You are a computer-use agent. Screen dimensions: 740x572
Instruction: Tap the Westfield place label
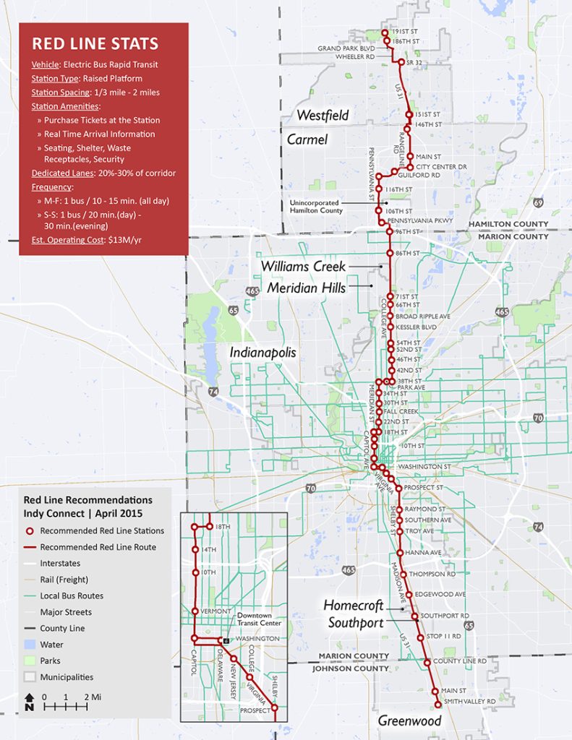point(323,115)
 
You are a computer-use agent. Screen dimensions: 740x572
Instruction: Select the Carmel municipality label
point(307,139)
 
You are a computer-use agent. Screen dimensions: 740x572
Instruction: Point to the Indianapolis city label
point(264,352)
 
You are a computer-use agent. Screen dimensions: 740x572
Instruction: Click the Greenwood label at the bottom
point(409,721)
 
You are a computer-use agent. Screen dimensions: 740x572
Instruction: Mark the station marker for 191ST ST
point(386,33)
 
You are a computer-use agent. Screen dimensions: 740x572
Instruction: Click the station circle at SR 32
point(401,63)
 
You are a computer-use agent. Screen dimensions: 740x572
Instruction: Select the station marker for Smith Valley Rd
point(437,705)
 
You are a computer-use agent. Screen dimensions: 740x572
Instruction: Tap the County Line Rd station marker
point(427,662)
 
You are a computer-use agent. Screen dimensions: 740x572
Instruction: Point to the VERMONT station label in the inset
point(215,611)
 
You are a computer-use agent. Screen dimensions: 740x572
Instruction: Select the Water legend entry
point(51,645)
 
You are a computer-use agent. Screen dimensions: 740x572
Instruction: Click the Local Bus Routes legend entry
point(72,596)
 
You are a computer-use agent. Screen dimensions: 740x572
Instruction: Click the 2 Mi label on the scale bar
point(91,697)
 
